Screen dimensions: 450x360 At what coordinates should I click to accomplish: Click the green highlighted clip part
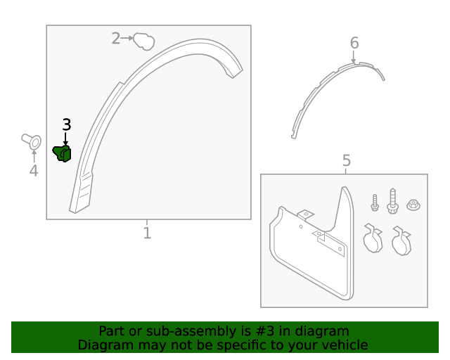[62, 153]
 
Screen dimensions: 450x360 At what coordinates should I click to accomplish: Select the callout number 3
[67, 125]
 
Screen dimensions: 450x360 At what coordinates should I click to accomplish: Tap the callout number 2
[115, 39]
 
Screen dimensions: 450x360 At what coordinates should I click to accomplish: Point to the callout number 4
[34, 171]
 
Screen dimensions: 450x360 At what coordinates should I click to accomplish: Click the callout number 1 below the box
[147, 233]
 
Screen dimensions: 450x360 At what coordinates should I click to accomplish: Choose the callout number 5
[347, 160]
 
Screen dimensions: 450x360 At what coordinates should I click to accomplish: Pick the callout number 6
[354, 43]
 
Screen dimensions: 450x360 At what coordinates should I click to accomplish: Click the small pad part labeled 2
[143, 41]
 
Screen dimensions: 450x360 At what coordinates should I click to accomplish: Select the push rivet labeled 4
[32, 141]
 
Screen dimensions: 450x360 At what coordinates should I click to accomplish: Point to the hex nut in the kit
[413, 205]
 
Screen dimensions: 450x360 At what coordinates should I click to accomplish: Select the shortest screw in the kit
[375, 202]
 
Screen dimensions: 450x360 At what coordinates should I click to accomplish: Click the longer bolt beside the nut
[392, 201]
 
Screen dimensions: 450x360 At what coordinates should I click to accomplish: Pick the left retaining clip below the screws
[373, 238]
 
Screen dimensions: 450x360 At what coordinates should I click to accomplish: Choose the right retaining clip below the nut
[401, 241]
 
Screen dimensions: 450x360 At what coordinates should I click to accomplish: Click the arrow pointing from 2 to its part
[127, 38]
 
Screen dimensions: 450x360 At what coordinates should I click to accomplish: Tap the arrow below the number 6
[354, 56]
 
